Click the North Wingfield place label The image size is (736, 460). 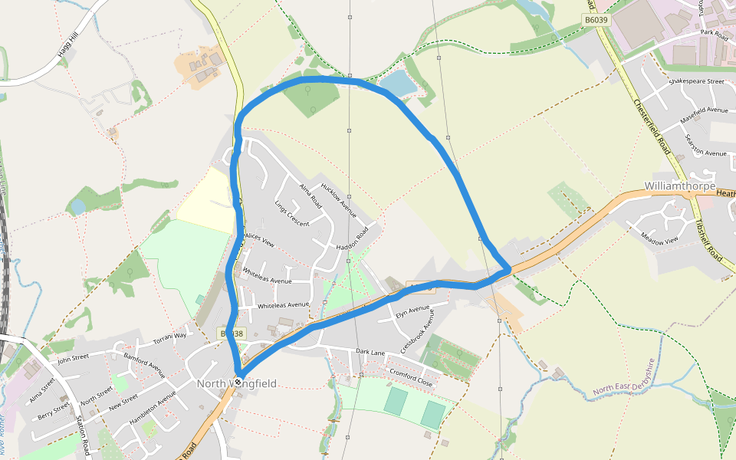click(x=236, y=384)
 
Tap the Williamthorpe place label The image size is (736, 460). click(x=680, y=186)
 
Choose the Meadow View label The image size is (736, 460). click(x=659, y=240)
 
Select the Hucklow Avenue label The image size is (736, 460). click(x=339, y=199)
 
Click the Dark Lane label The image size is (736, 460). click(x=370, y=352)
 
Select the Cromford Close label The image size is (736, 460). click(x=411, y=377)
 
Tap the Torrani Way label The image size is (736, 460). click(x=169, y=337)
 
